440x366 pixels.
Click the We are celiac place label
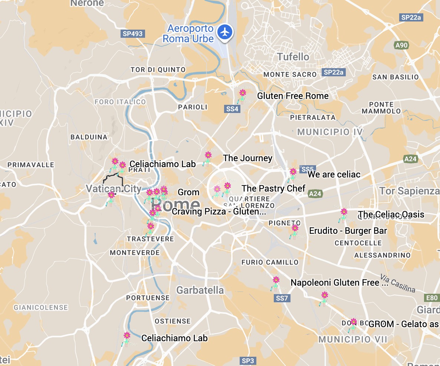point(334,174)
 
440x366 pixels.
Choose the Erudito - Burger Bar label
point(348,231)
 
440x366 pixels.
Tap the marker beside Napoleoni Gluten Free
point(276,280)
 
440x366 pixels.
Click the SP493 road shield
point(132,34)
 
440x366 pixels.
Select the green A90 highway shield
point(401,45)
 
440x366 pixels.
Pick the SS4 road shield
point(232,109)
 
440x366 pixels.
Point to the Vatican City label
point(114,189)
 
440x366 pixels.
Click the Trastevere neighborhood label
point(150,239)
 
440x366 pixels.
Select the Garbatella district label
point(200,290)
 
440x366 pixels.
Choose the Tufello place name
point(293,57)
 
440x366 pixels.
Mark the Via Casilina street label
point(398,283)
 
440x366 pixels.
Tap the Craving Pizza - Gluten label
point(219,212)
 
